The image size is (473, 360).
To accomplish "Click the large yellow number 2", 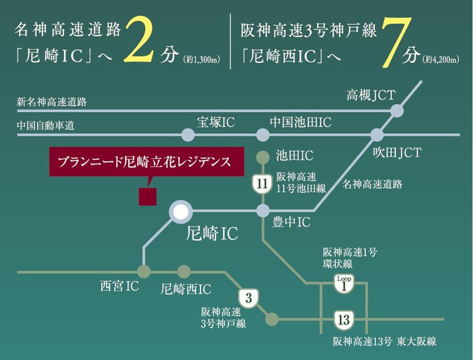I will [x=144, y=41].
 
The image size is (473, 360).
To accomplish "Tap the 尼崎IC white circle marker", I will [x=180, y=211].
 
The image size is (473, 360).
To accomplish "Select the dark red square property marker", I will [x=148, y=196].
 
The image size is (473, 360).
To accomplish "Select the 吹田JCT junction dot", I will [x=377, y=135].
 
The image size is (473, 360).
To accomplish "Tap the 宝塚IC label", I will [x=216, y=122].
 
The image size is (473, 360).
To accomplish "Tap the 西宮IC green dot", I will [x=144, y=272].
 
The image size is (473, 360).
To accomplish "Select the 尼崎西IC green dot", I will [x=184, y=272].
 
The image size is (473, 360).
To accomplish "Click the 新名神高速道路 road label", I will [x=52, y=102].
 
